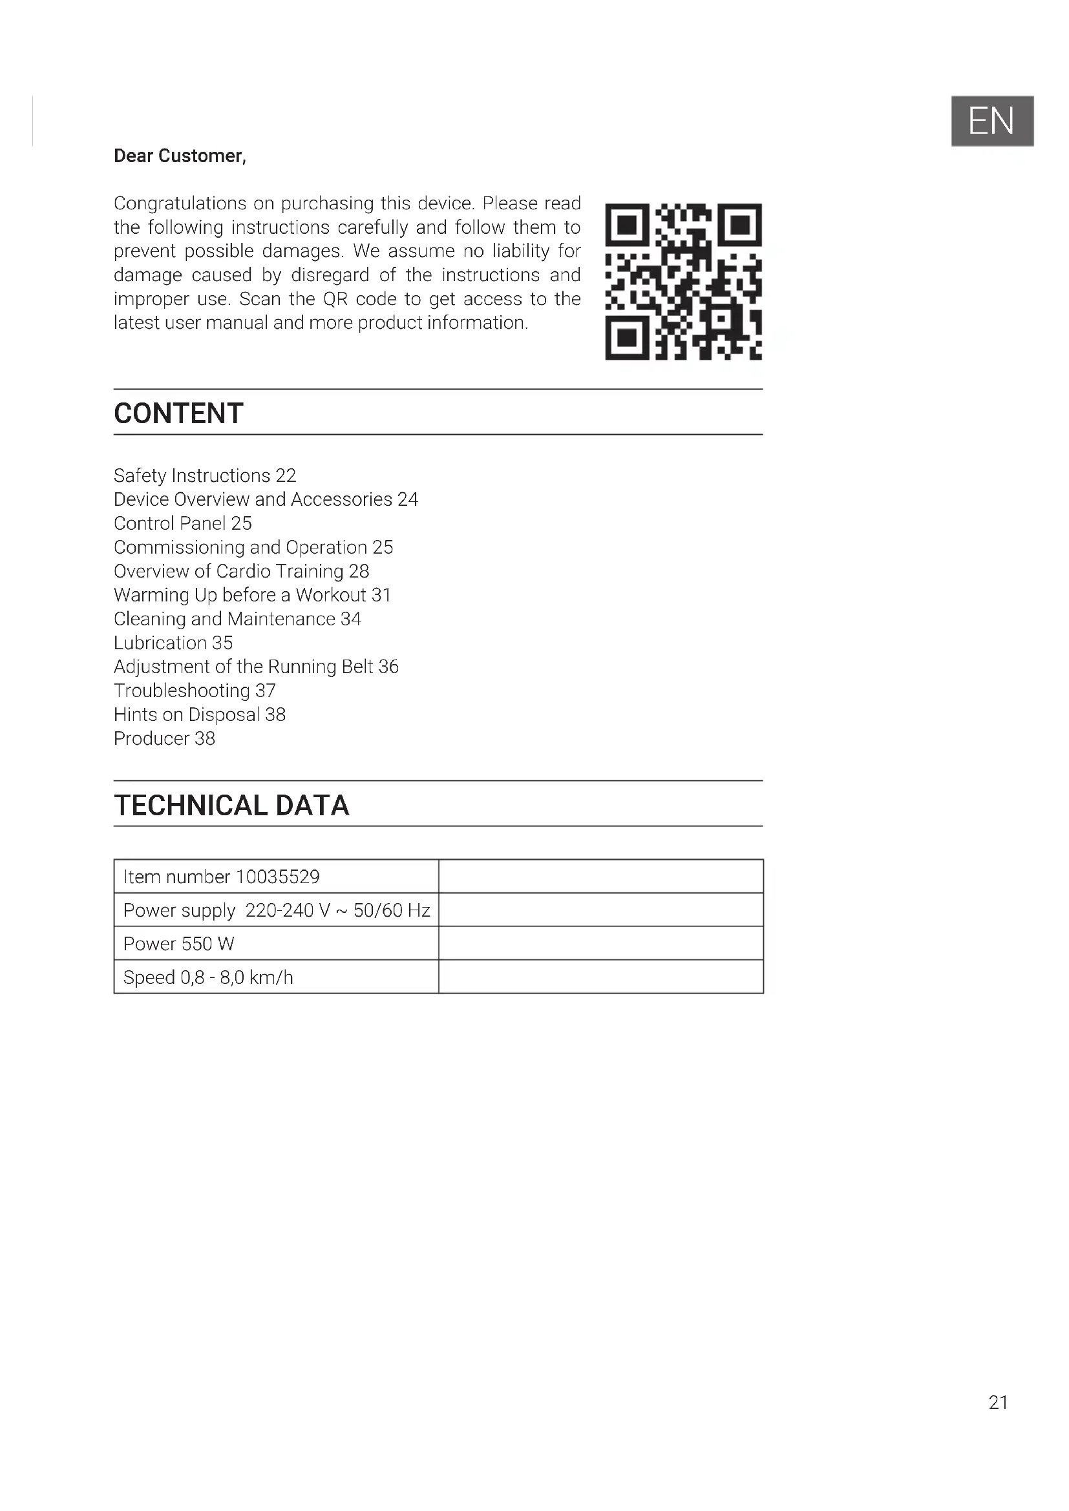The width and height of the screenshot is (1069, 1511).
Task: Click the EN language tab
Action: pos(991,121)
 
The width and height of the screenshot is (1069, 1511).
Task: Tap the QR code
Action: pos(683,282)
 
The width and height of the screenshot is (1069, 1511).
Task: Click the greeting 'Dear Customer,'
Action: pos(180,156)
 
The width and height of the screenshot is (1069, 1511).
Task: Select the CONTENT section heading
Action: pos(178,413)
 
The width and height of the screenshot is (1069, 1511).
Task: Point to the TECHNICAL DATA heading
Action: pos(231,806)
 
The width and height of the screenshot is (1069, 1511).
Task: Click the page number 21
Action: pos(998,1402)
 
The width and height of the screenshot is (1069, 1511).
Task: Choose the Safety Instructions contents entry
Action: pos(205,475)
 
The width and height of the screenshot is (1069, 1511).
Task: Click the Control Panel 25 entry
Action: pos(182,523)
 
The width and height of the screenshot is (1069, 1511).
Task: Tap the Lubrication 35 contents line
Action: pos(173,643)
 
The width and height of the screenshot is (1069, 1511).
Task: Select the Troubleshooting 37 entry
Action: pos(194,691)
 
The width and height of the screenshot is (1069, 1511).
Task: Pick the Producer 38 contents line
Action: pos(164,738)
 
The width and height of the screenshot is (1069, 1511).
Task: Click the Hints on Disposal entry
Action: pos(200,714)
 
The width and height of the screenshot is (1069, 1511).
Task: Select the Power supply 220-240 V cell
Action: pos(277,910)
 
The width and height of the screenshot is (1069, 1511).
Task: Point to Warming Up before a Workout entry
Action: pos(252,595)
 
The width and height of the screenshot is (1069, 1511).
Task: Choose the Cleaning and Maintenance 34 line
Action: pos(237,620)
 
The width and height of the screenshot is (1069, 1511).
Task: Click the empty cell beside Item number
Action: pos(600,877)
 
